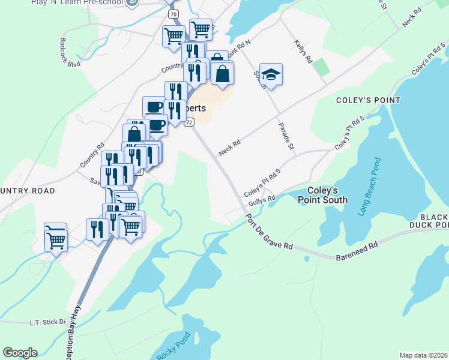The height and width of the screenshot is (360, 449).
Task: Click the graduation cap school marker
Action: [x=271, y=74]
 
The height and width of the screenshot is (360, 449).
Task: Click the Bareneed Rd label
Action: [x=357, y=250]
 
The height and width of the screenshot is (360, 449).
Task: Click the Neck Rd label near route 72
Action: [x=229, y=148]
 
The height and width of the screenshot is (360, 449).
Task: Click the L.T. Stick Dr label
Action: [x=47, y=322]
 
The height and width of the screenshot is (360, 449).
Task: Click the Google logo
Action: [x=20, y=353]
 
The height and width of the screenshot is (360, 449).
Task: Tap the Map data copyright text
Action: [x=424, y=355]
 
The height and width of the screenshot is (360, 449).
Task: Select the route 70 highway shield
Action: [x=173, y=13]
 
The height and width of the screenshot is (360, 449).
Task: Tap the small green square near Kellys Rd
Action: [x=322, y=67]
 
